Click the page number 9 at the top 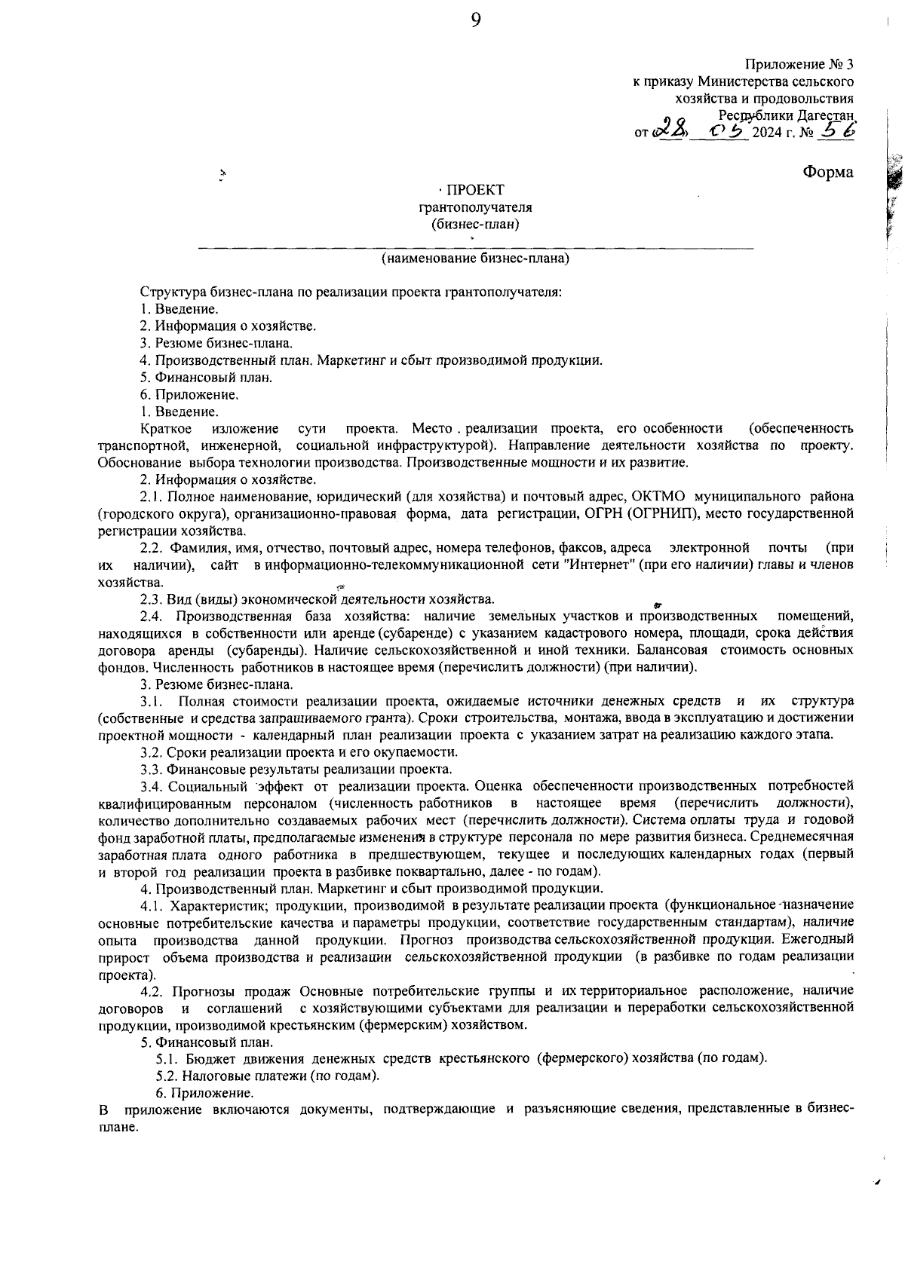[476, 20]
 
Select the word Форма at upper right [827, 172]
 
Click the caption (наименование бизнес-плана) [475, 259]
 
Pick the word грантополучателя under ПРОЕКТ [475, 207]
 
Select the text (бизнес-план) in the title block [475, 224]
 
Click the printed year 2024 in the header [768, 133]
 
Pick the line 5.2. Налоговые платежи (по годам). [268, 1076]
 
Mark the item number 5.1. [167, 1058]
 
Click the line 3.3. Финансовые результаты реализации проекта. [296, 770]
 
